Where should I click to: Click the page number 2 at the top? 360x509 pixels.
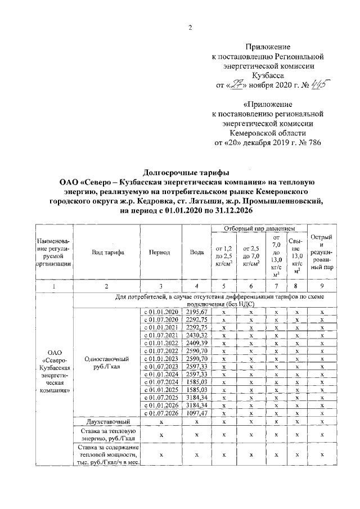[x=190, y=29]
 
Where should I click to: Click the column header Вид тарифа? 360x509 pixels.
[x=108, y=253]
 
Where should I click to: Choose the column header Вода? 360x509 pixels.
[x=197, y=253]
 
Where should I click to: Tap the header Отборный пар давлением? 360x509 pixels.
[x=259, y=229]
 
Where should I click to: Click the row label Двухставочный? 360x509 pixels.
[x=108, y=422]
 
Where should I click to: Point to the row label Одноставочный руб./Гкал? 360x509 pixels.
[x=108, y=363]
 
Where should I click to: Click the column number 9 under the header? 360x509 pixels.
[x=322, y=286]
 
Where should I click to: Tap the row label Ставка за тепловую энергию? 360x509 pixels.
[x=108, y=434]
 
